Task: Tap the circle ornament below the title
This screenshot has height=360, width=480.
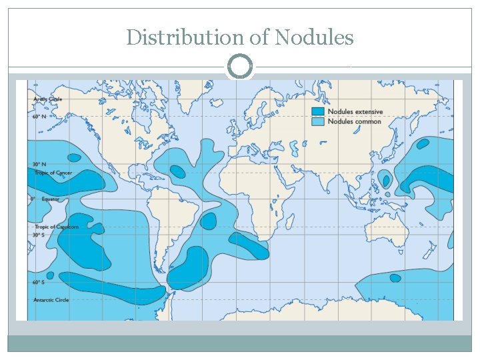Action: (240, 67)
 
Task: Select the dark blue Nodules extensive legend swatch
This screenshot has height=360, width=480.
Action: (319, 111)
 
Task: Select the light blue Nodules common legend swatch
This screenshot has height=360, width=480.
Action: (319, 121)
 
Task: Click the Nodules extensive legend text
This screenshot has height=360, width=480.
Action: (355, 111)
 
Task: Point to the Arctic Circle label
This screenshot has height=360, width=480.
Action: (48, 99)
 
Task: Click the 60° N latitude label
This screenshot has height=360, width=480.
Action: (40, 117)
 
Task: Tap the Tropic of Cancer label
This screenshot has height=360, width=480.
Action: (53, 173)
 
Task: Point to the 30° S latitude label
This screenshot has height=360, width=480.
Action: (39, 235)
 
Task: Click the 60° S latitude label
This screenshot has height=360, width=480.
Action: (39, 282)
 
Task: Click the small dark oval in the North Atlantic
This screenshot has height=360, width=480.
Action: (177, 171)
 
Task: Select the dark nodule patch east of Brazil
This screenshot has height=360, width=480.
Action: (208, 220)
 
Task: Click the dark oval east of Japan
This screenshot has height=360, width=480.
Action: (423, 143)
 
